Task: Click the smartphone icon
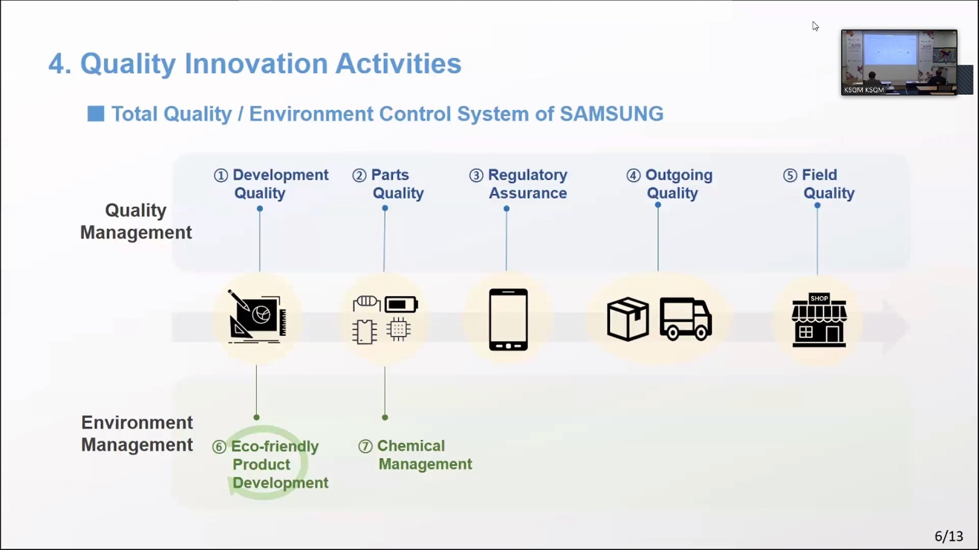click(x=508, y=319)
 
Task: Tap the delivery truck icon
click(x=686, y=319)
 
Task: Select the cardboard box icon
click(x=628, y=319)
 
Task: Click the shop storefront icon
click(x=819, y=320)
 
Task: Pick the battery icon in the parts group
click(x=401, y=305)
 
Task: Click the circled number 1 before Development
click(x=221, y=176)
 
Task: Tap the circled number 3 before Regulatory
click(x=476, y=176)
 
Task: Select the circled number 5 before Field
click(x=790, y=176)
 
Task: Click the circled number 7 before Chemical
click(x=365, y=447)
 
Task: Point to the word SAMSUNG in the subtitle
click(x=611, y=114)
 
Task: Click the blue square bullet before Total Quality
click(x=95, y=114)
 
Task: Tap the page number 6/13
click(x=948, y=536)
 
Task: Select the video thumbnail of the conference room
click(x=899, y=62)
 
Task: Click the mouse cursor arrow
click(x=815, y=26)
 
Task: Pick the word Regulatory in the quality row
click(x=528, y=175)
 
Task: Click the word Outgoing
click(x=679, y=175)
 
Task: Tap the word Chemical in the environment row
click(x=411, y=446)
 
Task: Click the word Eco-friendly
click(x=275, y=447)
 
